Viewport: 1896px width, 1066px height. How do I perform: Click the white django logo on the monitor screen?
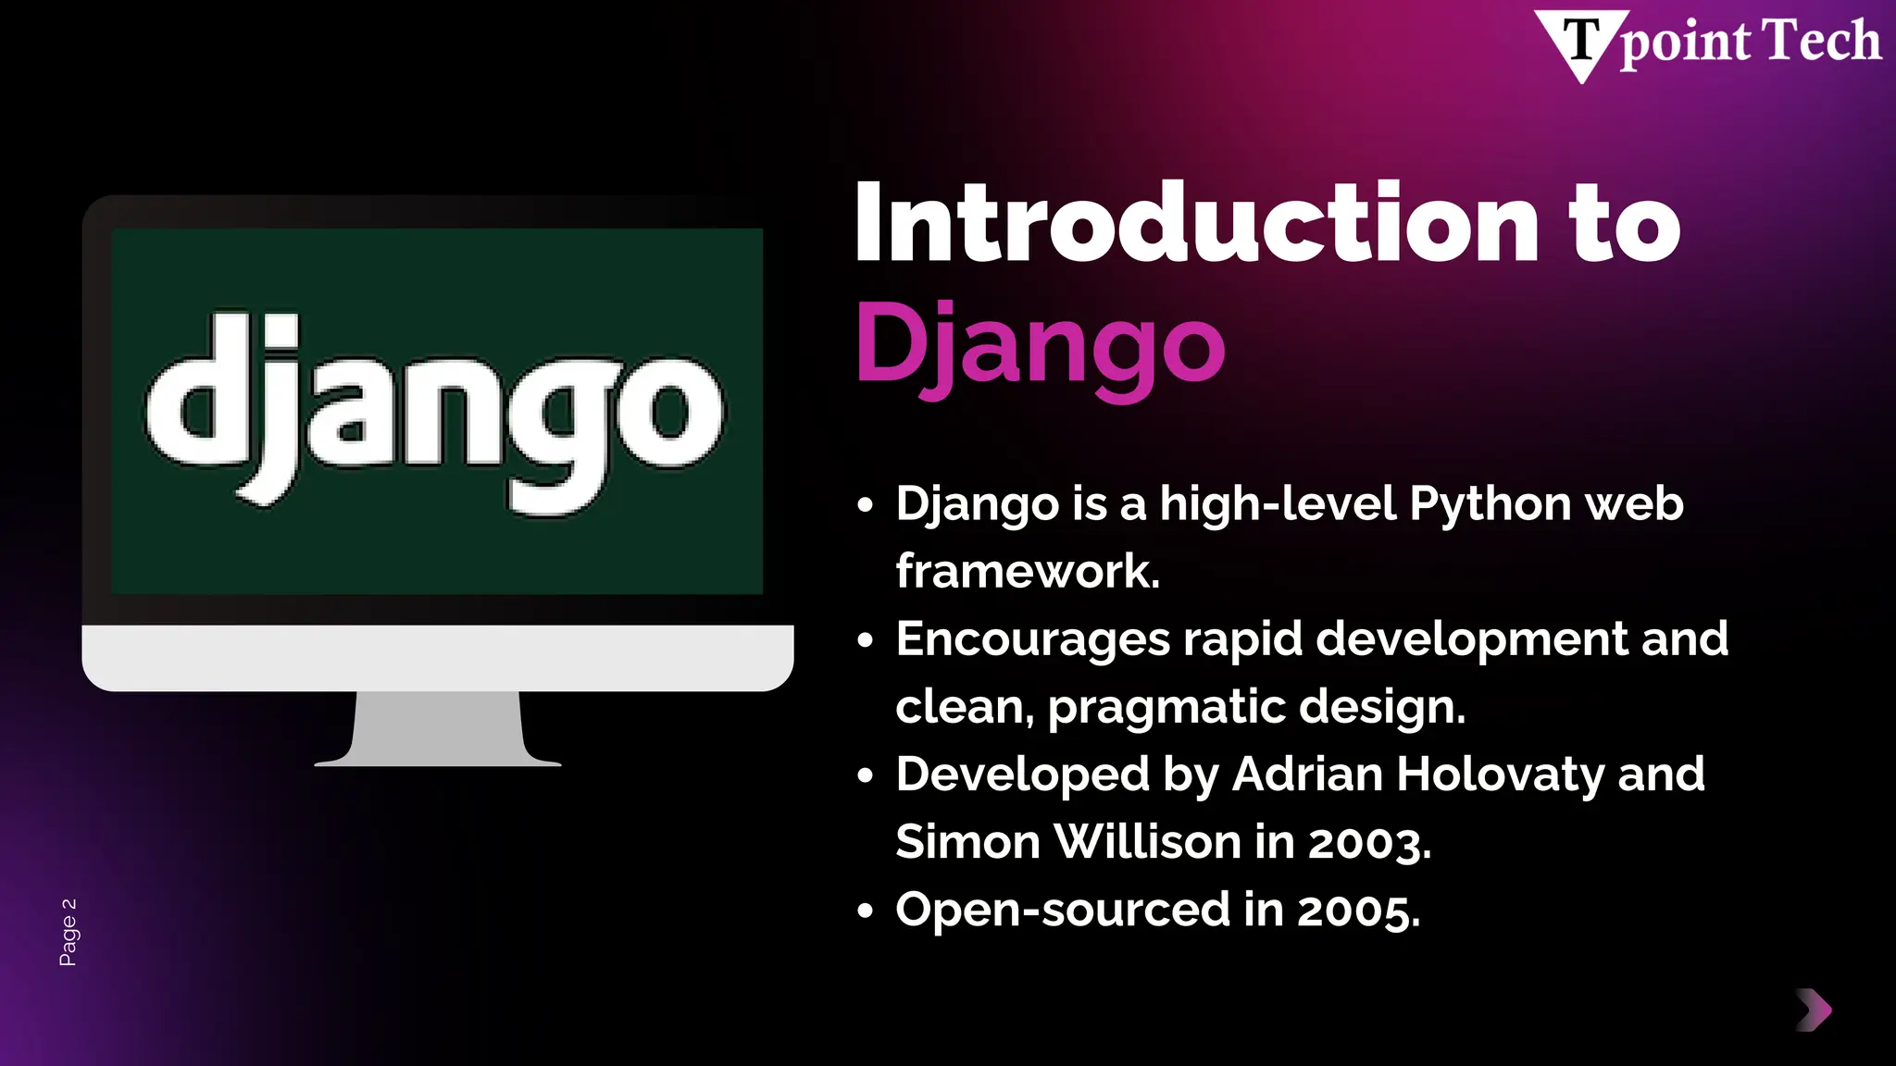point(435,413)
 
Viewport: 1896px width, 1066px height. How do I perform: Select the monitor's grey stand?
point(437,729)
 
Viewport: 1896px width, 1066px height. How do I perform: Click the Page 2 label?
point(69,932)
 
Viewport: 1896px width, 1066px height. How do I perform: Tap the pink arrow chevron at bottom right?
point(1814,1010)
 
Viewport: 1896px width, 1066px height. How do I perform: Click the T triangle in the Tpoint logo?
point(1581,43)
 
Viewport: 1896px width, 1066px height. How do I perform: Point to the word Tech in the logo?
point(1821,42)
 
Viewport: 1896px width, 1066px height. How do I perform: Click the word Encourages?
point(1033,639)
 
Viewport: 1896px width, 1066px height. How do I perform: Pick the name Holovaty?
point(1500,774)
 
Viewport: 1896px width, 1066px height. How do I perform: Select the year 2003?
point(1369,842)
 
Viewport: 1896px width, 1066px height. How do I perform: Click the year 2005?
point(1358,911)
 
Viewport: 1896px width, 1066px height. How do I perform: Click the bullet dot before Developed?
point(865,775)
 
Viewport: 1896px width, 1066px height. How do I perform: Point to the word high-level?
point(1278,504)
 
